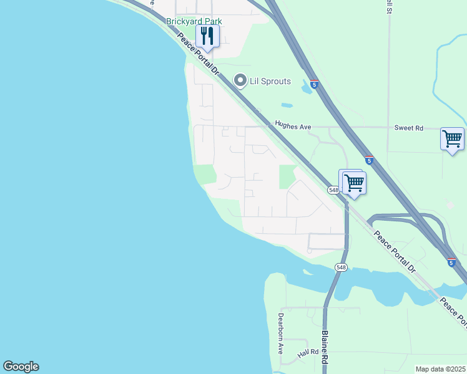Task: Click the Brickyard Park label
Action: click(x=194, y=21)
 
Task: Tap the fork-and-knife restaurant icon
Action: click(x=207, y=36)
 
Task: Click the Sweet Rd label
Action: click(x=408, y=128)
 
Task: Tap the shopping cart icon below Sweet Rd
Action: click(x=452, y=138)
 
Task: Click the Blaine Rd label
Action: click(x=325, y=347)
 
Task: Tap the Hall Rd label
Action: click(x=308, y=353)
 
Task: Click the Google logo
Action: click(x=21, y=367)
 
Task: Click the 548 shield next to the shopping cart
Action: click(x=333, y=189)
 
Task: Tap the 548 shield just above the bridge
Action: click(x=340, y=267)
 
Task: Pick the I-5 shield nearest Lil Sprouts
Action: click(x=315, y=84)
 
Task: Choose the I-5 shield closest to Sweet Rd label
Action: click(x=369, y=160)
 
